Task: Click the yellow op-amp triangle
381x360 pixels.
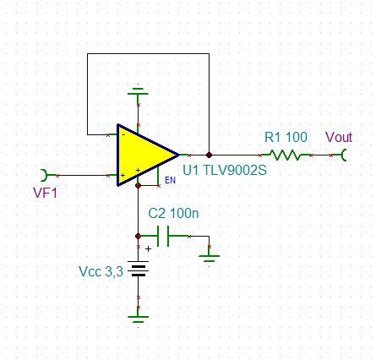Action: click(x=144, y=155)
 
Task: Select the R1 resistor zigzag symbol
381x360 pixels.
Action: click(x=286, y=155)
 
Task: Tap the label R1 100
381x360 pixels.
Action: click(x=286, y=137)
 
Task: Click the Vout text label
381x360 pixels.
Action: click(x=339, y=137)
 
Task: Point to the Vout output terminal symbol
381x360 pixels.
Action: click(x=343, y=155)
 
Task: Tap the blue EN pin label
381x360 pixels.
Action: click(x=169, y=180)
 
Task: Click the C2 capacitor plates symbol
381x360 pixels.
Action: click(x=173, y=236)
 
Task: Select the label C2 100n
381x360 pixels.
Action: click(x=174, y=215)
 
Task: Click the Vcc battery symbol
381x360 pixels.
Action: click(x=138, y=270)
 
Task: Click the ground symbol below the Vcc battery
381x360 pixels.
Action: click(x=138, y=316)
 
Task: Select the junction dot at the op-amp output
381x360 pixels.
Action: click(x=209, y=155)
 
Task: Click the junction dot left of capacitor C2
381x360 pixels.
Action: click(x=138, y=236)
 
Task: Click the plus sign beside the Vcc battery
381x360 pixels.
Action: click(x=150, y=248)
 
